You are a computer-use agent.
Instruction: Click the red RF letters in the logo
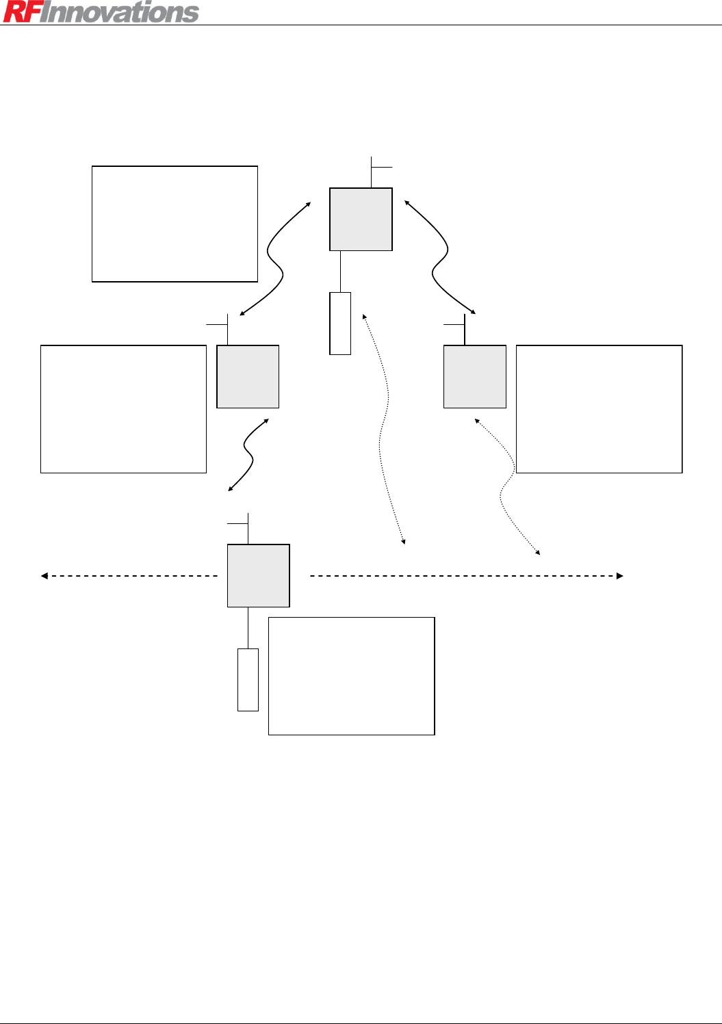click(x=20, y=12)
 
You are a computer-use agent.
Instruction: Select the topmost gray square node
click(x=361, y=220)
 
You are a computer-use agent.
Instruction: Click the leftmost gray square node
click(x=248, y=377)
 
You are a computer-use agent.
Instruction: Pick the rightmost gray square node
click(x=475, y=377)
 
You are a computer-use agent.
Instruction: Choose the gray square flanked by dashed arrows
click(x=259, y=576)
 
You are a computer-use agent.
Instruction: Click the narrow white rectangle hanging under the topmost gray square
click(x=340, y=324)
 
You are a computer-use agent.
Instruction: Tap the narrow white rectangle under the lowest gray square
click(x=248, y=680)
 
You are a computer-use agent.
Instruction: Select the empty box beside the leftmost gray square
click(x=123, y=409)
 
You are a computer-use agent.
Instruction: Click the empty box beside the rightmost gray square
click(x=599, y=409)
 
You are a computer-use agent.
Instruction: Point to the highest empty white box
click(x=175, y=224)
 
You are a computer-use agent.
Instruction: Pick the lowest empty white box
click(x=351, y=676)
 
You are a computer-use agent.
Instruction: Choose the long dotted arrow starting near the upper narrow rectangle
click(x=383, y=424)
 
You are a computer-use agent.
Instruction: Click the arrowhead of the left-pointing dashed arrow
click(x=44, y=576)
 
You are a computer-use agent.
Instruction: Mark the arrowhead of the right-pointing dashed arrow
click(x=619, y=576)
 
